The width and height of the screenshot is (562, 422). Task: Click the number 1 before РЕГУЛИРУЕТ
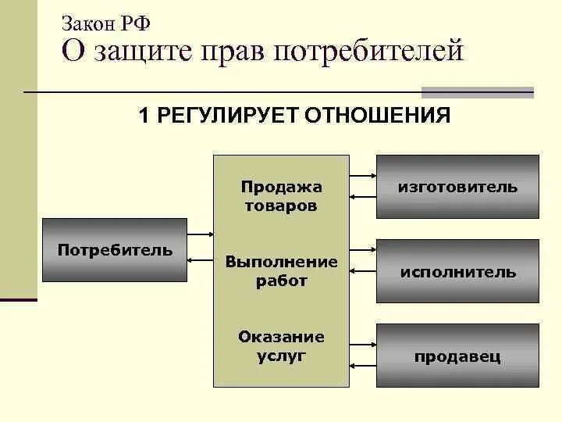pyautogui.click(x=144, y=116)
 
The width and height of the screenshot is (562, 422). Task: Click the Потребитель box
pyautogui.click(x=114, y=250)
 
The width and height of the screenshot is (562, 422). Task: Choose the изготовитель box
pyautogui.click(x=457, y=187)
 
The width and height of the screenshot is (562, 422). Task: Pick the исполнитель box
pyautogui.click(x=457, y=272)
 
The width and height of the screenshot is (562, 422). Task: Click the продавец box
pyautogui.click(x=457, y=357)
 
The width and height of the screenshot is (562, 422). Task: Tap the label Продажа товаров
pyautogui.click(x=281, y=196)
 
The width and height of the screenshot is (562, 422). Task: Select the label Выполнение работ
pyautogui.click(x=281, y=270)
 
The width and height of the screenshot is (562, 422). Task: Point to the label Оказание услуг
pyautogui.click(x=281, y=345)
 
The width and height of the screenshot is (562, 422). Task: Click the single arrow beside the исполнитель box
pyautogui.click(x=363, y=271)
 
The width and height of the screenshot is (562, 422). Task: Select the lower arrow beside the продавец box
pyautogui.click(x=363, y=366)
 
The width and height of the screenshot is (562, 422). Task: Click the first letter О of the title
pyautogui.click(x=71, y=52)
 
